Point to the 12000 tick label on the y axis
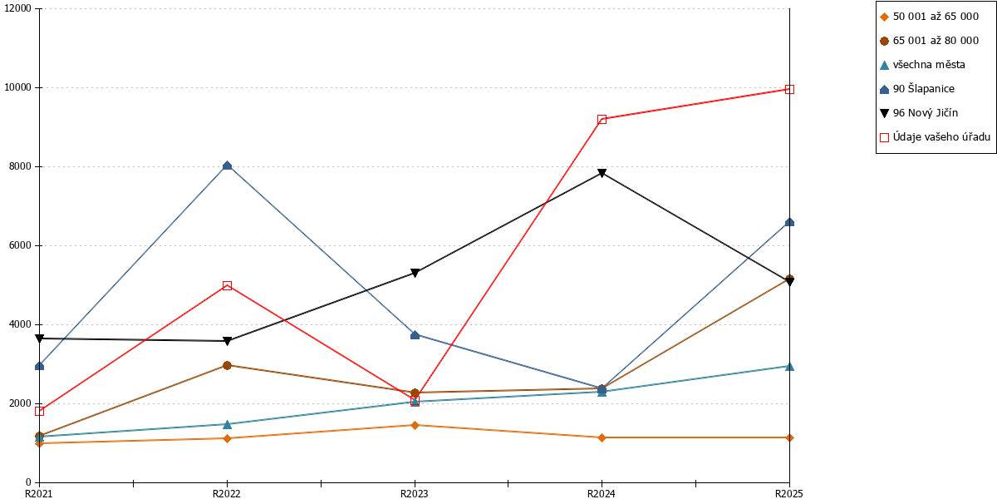(17, 8)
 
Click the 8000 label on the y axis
(20, 166)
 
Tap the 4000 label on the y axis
(20, 324)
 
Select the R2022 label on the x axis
(227, 494)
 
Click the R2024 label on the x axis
(602, 494)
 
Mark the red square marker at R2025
(789, 90)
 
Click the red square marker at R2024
(602, 120)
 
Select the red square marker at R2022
(227, 285)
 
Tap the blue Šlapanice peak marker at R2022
(227, 166)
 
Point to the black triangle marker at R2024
(602, 173)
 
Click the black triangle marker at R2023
(415, 273)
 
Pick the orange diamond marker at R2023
(415, 425)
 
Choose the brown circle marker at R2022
(227, 365)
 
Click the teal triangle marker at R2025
(789, 367)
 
